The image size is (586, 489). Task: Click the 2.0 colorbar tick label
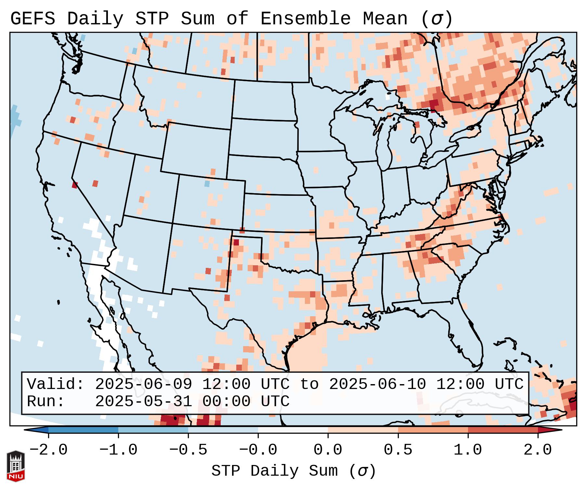pyautogui.click(x=538, y=450)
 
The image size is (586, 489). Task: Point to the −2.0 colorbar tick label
pyautogui.click(x=48, y=450)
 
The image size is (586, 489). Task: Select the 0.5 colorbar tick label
pyautogui.click(x=398, y=450)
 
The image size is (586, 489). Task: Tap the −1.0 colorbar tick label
pyautogui.click(x=118, y=450)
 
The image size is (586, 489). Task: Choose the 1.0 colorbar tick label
pyautogui.click(x=468, y=450)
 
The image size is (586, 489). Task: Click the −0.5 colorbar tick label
pyautogui.click(x=188, y=450)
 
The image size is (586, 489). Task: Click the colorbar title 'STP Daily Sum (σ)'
pyautogui.click(x=293, y=471)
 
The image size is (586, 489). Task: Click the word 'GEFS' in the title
pyautogui.click(x=33, y=19)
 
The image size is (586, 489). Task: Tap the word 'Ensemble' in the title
pyautogui.click(x=306, y=19)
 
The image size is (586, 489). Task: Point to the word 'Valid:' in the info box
pyautogui.click(x=56, y=384)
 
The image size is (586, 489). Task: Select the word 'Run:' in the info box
pyautogui.click(x=46, y=401)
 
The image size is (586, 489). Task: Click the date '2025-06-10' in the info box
pyautogui.click(x=377, y=384)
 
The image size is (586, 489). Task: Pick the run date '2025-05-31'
pyautogui.click(x=143, y=401)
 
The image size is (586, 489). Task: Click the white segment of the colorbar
pyautogui.click(x=293, y=430)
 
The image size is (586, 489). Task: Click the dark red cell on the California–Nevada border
pyautogui.click(x=75, y=185)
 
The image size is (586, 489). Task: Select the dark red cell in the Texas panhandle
pyautogui.click(x=236, y=242)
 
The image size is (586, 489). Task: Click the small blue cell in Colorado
pyautogui.click(x=207, y=184)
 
